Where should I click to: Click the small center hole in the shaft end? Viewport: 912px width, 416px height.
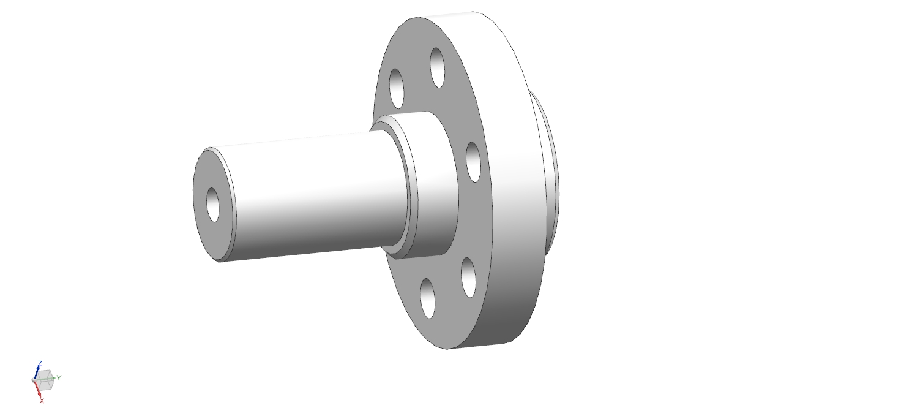[213, 205]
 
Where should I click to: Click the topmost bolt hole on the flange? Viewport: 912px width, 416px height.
[437, 67]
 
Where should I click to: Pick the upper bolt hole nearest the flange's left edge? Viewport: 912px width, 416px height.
[396, 88]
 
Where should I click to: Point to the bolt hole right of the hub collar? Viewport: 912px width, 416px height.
[473, 162]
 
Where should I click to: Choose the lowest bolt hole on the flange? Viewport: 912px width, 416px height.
[427, 298]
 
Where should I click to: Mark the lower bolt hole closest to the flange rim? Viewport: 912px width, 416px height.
[469, 278]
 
